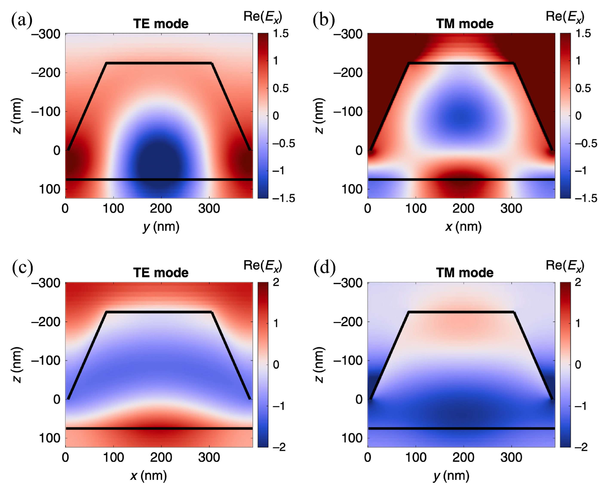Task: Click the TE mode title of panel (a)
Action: tap(161, 24)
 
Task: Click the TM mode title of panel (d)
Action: tap(464, 273)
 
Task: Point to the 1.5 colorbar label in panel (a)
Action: tap(281, 34)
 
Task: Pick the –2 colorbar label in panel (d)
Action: tap(581, 447)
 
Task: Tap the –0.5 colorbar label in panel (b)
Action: tap(586, 143)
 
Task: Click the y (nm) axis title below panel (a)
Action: tap(161, 227)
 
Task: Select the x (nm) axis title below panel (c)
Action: tap(149, 476)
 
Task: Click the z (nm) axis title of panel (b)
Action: tap(319, 116)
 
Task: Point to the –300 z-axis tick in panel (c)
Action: tap(46, 283)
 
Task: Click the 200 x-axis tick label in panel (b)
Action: tap(463, 209)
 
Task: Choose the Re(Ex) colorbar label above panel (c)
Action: tap(263, 265)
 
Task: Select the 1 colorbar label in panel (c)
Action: tap(276, 323)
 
